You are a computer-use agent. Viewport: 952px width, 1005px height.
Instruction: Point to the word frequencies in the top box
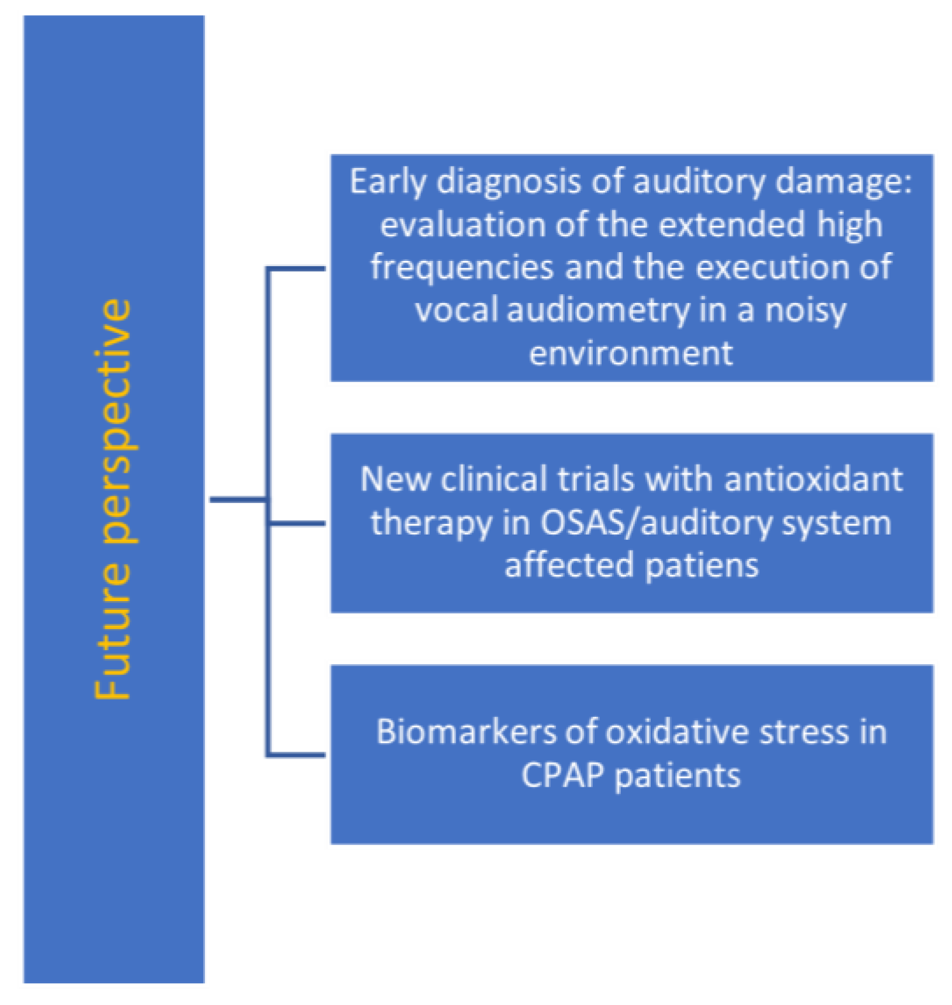[x=462, y=268]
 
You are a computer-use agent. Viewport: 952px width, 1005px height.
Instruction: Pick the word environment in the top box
[x=631, y=353]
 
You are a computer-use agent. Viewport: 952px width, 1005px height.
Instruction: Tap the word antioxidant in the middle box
[x=814, y=480]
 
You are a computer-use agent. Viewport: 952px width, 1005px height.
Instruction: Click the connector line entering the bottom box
[x=298, y=755]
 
